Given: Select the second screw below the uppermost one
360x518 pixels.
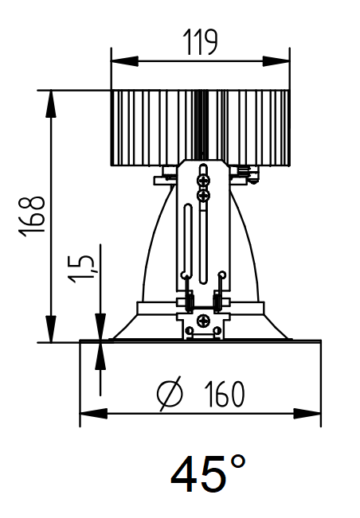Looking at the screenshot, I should coord(203,194).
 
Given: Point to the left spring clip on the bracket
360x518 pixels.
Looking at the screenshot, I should coord(190,301).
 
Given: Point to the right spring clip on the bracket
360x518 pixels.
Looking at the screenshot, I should coord(217,301).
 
